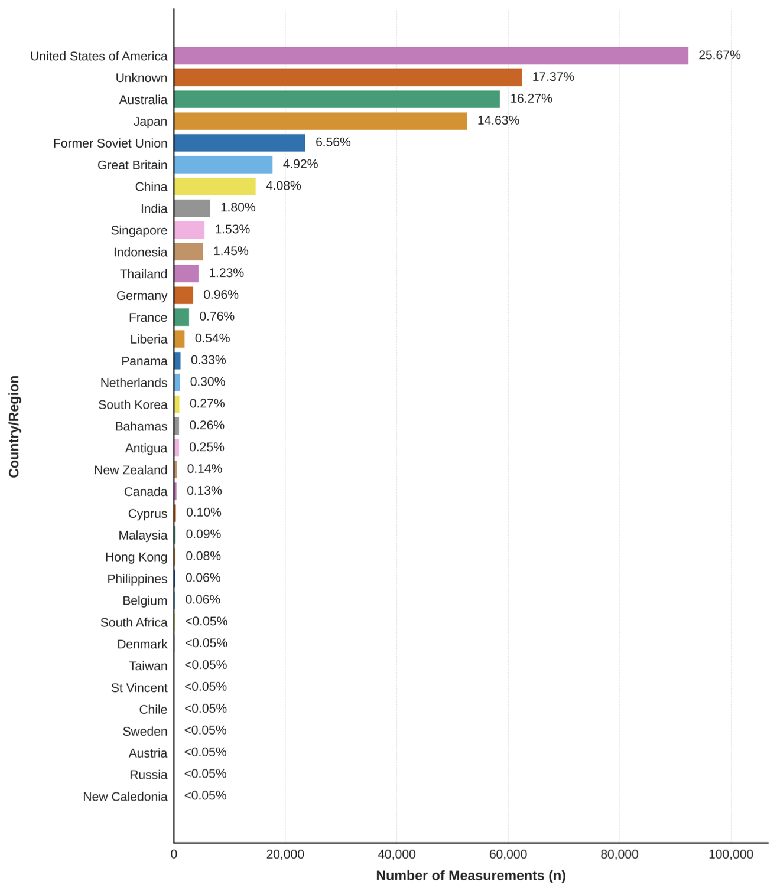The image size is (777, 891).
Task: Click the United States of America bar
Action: (x=431, y=56)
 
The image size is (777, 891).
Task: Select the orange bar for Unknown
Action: (x=347, y=77)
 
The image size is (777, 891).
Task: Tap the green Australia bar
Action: (x=337, y=99)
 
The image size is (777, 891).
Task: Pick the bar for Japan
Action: (x=320, y=121)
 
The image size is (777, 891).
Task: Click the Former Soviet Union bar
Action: (x=239, y=143)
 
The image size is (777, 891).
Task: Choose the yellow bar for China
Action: (x=214, y=187)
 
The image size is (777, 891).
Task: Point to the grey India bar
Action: (x=191, y=208)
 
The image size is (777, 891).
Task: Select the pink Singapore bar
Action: (x=189, y=230)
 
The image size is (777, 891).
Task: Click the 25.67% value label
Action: (x=719, y=55)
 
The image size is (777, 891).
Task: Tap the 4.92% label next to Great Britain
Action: (x=300, y=164)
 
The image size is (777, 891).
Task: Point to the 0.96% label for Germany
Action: (x=221, y=295)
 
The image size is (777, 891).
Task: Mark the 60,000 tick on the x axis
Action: (x=508, y=854)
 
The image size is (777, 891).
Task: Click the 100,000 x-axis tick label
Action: (x=731, y=854)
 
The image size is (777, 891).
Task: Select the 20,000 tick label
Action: (x=285, y=854)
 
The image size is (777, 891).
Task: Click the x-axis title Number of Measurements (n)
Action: (x=470, y=876)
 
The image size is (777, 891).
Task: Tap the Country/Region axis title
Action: (x=14, y=426)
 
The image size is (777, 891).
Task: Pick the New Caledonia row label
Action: (x=125, y=797)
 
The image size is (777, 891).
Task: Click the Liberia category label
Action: (x=149, y=340)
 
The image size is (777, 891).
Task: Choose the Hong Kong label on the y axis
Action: (x=136, y=557)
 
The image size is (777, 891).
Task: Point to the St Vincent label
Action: (x=139, y=688)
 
